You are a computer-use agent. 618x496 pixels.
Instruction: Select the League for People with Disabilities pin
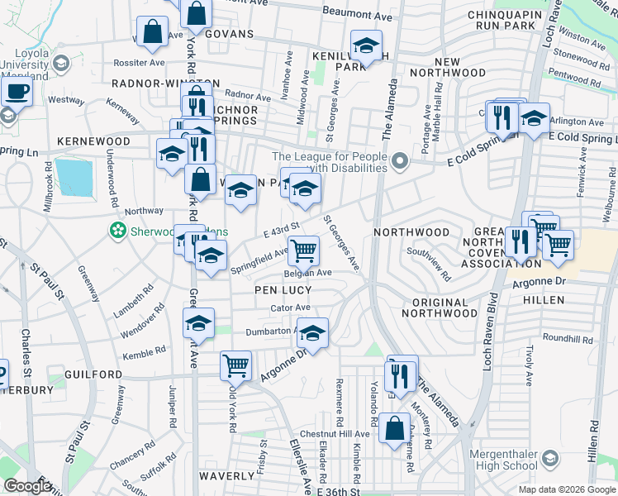point(400,160)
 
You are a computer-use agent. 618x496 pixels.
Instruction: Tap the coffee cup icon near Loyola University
point(17,92)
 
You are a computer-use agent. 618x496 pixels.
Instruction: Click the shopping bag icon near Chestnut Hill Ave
point(395,428)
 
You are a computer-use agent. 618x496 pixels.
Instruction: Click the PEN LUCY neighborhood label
point(283,290)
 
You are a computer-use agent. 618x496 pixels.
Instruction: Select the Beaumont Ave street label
point(356,15)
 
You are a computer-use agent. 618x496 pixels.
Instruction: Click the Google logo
point(26,486)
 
